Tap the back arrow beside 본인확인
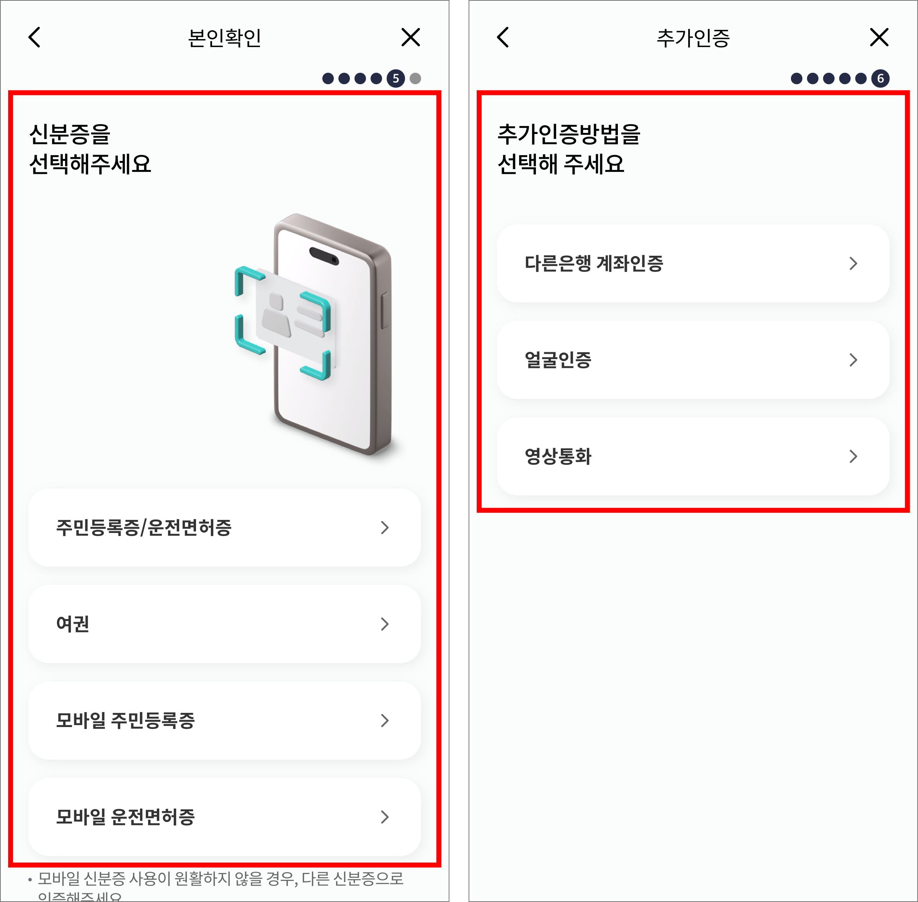[34, 38]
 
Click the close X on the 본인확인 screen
[410, 38]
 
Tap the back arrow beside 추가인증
[503, 38]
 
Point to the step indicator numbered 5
[395, 78]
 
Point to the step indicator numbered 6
[880, 78]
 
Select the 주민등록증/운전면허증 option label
[144, 528]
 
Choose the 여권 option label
[72, 624]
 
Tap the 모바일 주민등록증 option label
[125, 721]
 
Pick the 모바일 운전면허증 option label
[125, 817]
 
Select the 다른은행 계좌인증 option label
[593, 263]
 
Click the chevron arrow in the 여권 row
[385, 624]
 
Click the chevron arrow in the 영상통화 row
[853, 456]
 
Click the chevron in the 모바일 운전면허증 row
[385, 817]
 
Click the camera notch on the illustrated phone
[324, 256]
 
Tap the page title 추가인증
[693, 38]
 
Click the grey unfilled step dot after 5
[415, 78]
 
